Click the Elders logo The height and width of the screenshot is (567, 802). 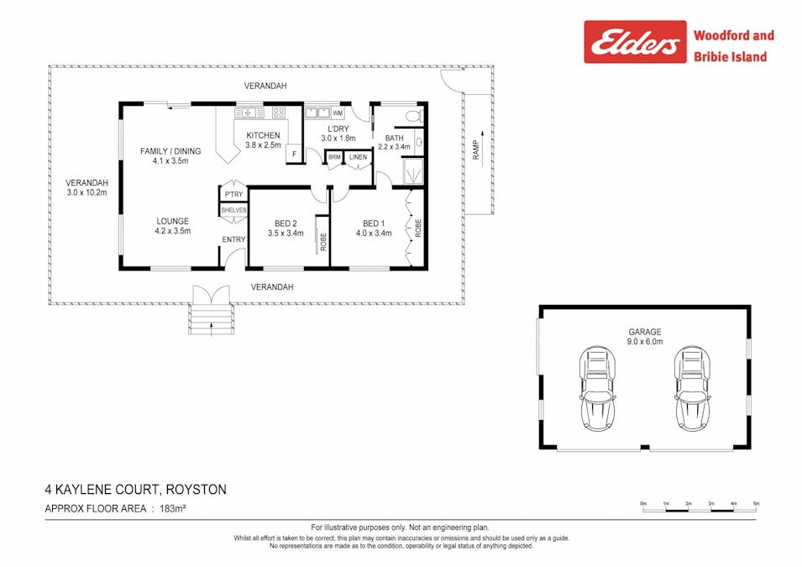(635, 42)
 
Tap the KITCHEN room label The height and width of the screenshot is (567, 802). (263, 135)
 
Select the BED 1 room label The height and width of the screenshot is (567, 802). (374, 223)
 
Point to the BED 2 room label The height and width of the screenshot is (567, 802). (286, 223)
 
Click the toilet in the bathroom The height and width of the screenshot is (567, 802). (413, 115)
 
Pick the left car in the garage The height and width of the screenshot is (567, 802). (597, 388)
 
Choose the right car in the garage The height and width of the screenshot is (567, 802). (693, 388)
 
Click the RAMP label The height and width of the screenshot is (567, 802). (476, 150)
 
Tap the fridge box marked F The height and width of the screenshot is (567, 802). (294, 154)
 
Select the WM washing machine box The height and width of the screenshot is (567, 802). (338, 113)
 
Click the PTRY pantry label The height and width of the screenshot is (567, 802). (233, 194)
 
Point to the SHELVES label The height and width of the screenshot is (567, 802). (233, 210)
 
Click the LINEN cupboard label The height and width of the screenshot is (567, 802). (358, 157)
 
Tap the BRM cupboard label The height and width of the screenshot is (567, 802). (334, 157)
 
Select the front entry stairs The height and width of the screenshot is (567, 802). (212, 319)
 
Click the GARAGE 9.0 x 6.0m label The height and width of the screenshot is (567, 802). (645, 336)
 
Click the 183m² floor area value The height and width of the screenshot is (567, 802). (172, 509)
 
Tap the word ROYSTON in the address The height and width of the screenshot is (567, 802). (197, 490)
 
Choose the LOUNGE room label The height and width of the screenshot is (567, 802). (172, 221)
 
